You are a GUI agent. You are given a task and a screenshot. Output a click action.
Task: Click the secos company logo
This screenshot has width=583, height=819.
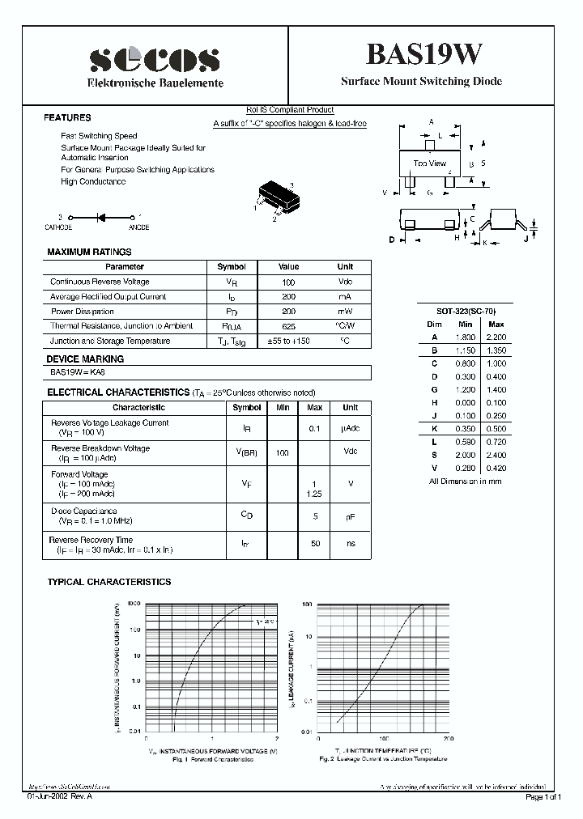tap(154, 59)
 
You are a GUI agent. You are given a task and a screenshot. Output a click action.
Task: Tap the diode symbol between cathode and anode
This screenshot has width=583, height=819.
tap(102, 218)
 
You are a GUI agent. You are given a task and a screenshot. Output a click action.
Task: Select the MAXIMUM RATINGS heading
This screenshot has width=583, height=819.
tap(89, 252)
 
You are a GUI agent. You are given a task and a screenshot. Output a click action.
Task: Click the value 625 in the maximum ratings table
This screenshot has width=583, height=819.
tap(288, 326)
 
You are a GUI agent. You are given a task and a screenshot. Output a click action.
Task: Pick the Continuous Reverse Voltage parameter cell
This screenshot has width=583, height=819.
tap(100, 282)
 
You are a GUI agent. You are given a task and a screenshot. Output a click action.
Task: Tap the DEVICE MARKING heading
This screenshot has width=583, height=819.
tap(85, 359)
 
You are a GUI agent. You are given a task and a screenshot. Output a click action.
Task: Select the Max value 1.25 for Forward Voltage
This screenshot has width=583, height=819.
tap(316, 492)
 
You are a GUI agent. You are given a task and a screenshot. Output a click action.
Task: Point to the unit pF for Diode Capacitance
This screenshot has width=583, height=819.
tap(351, 516)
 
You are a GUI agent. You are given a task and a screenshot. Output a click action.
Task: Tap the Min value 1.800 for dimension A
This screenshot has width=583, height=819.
tap(464, 337)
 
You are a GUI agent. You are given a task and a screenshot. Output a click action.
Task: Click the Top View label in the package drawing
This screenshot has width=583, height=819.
tap(429, 163)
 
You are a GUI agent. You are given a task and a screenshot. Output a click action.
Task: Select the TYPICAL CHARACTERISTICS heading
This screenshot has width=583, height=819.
tap(109, 582)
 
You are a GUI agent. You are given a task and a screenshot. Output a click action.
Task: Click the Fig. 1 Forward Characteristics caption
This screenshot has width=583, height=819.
tap(212, 759)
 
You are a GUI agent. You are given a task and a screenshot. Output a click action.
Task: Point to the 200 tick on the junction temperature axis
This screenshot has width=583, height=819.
tap(448, 739)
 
